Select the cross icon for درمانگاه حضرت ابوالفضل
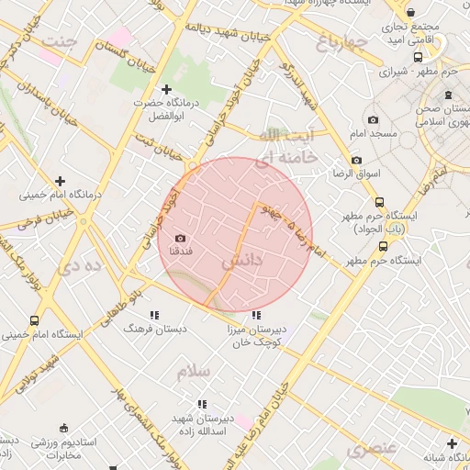pyautogui.click(x=166, y=89)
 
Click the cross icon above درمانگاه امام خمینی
pyautogui.click(x=61, y=182)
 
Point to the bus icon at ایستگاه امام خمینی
pyautogui.click(x=35, y=321)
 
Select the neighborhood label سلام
pyautogui.click(x=194, y=371)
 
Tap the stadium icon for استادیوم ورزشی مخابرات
pyautogui.click(x=62, y=428)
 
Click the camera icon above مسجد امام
pyautogui.click(x=373, y=120)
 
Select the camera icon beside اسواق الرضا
pyautogui.click(x=356, y=161)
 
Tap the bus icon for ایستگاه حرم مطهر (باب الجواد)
pyautogui.click(x=379, y=202)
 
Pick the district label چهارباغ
pyautogui.click(x=341, y=42)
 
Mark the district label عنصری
pyautogui.click(x=371, y=448)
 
